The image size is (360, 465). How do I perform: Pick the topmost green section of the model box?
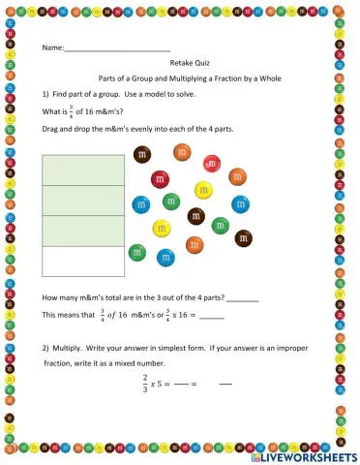pos(83,170)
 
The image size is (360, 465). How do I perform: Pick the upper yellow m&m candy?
pos(203,190)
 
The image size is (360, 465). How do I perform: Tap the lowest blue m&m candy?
pos(165,258)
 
